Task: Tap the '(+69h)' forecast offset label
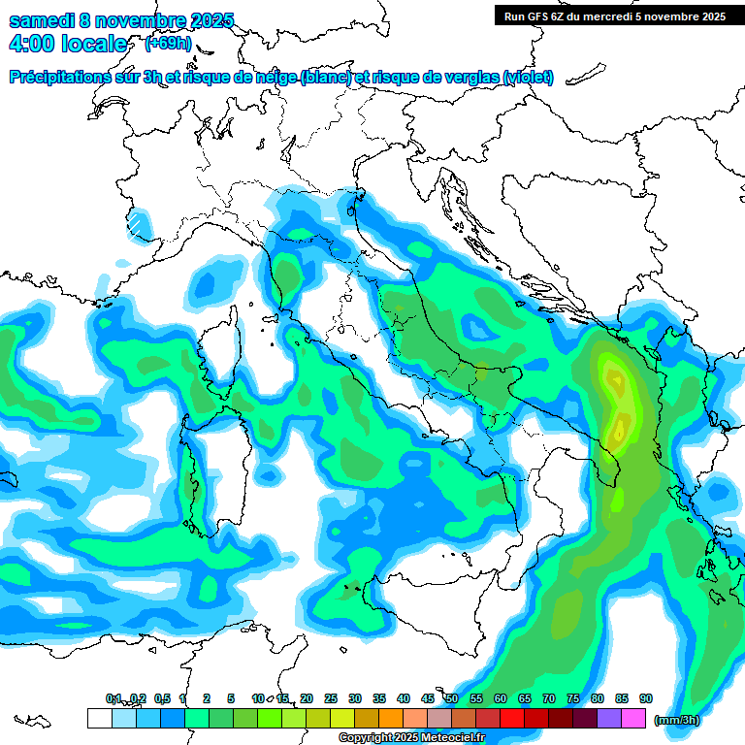[x=168, y=44]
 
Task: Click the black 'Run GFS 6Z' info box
[x=614, y=16]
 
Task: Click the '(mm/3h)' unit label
[x=676, y=720]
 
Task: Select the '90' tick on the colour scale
[x=646, y=699]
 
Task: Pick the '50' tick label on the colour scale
[x=452, y=699]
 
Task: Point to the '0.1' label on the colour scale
[x=113, y=699]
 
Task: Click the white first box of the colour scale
[x=99, y=719]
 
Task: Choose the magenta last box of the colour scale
[x=634, y=719]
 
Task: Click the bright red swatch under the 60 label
[x=512, y=719]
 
